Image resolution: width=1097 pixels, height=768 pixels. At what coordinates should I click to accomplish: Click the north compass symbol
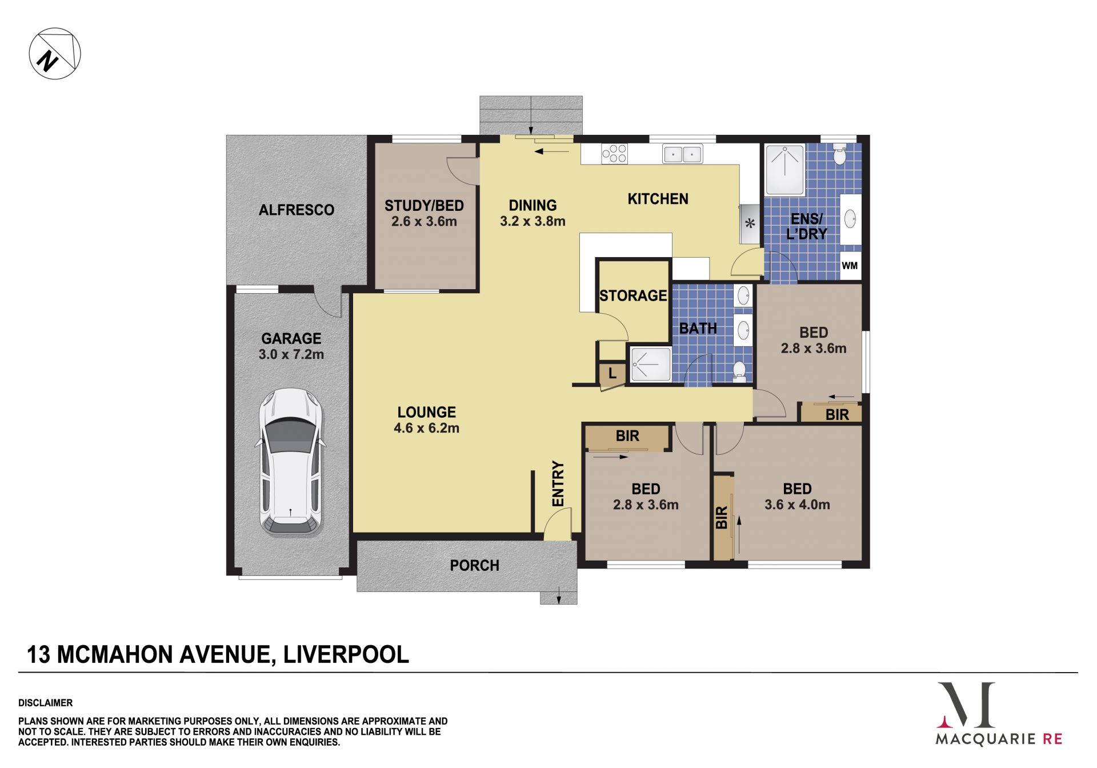pos(55,54)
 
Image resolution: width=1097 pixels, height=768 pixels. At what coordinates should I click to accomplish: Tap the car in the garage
pos(291,462)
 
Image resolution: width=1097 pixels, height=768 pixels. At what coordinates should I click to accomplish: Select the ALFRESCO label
pos(296,210)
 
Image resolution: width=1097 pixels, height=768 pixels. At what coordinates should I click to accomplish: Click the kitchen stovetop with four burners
pos(614,154)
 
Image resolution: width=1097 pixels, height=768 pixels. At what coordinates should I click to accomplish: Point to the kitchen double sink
pos(682,154)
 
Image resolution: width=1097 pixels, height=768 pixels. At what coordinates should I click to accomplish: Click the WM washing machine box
pos(850,266)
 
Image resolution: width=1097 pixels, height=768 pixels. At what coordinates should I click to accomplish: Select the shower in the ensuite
pos(785,170)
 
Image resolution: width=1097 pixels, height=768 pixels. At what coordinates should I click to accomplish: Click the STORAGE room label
pos(633,295)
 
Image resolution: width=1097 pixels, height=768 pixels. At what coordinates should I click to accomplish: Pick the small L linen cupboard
pos(612,374)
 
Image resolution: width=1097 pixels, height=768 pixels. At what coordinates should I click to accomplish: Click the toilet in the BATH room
pos(739,371)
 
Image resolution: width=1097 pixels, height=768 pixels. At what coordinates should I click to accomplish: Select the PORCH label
pos(474,566)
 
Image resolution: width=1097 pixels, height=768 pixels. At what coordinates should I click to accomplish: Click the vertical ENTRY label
pos(558,483)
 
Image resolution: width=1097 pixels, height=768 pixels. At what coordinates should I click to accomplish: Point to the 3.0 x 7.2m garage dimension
pos(291,354)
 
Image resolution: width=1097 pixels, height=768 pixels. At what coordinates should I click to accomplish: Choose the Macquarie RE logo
pos(999,714)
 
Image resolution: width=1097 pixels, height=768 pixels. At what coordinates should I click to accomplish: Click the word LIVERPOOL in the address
pos(346,654)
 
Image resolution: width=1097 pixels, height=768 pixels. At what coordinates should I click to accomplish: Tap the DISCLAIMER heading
pos(46,703)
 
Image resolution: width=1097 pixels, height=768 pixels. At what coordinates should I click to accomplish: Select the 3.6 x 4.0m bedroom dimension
pos(797,505)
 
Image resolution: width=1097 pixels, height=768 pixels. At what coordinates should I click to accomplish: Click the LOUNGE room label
pos(427,412)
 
